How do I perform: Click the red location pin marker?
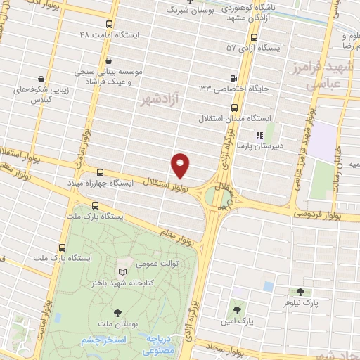tap(181, 165)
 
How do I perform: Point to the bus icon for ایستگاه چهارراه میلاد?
tap(98, 172)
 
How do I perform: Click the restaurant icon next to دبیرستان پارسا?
tap(259, 134)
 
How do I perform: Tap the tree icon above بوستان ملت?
tap(117, 313)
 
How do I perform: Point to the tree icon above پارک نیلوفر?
tap(300, 292)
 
